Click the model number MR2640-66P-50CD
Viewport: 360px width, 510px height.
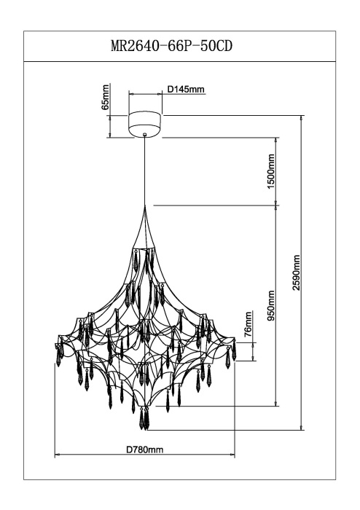coord(172,46)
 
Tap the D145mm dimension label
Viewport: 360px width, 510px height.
coord(186,89)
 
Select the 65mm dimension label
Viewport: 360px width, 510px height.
coord(105,97)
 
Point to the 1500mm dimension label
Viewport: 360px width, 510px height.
coord(271,170)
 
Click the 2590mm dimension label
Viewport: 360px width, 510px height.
coord(297,272)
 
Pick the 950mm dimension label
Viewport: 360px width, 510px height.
coord(271,305)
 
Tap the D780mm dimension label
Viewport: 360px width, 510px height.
coord(145,450)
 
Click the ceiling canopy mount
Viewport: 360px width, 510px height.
coord(145,124)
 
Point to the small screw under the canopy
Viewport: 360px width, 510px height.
coord(145,133)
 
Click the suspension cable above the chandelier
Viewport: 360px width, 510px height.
coord(145,170)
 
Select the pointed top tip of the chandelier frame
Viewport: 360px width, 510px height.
coord(145,206)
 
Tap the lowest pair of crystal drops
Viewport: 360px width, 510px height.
coord(144,418)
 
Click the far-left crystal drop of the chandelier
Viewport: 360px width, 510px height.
coord(58,354)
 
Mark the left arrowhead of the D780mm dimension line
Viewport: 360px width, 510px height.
coord(57,455)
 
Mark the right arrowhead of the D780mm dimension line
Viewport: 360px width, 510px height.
coord(232,455)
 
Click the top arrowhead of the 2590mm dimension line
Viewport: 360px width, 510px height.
coord(302,117)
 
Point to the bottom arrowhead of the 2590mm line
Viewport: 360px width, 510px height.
coord(302,428)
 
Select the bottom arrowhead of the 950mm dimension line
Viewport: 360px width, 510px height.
coord(277,404)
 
